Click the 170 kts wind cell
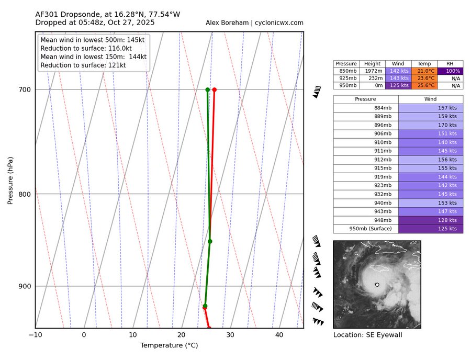(431, 125)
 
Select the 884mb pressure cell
(366, 108)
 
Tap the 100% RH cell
(450, 71)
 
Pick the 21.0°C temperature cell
(424, 71)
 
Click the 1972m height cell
(372, 71)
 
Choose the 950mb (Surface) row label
(366, 229)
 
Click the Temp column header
(424, 64)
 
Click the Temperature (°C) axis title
(169, 345)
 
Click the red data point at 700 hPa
(214, 89)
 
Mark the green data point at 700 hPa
(208, 89)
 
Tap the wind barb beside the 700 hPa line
(317, 93)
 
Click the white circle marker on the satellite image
(377, 285)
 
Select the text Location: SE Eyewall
(367, 335)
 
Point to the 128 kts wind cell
(431, 220)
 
